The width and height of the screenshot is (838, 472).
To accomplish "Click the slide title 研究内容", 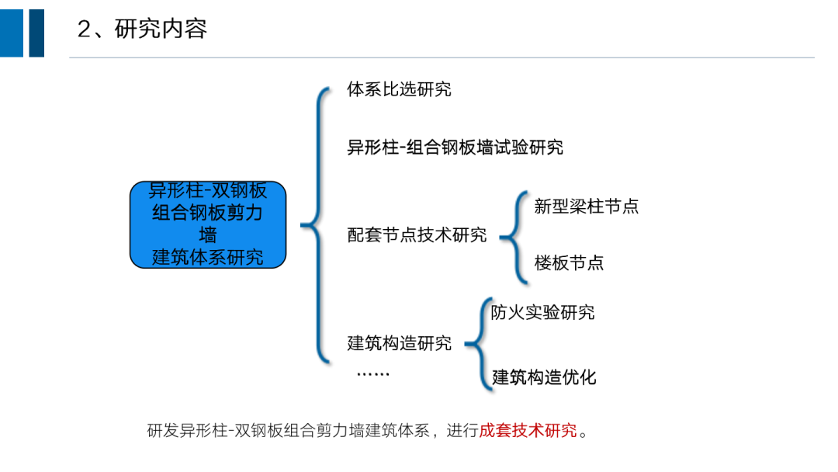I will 161,29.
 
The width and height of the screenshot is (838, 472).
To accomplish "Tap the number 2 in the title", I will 85,29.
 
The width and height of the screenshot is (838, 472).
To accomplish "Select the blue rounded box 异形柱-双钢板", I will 208,224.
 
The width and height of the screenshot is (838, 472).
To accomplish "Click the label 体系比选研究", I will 399,89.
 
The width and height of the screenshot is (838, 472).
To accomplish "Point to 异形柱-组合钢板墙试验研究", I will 455,147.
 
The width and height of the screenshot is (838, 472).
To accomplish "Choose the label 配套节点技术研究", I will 417,234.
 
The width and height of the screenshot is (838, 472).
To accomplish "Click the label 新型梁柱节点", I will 587,206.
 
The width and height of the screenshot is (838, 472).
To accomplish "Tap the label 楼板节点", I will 569,262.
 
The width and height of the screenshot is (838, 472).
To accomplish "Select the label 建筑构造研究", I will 399,342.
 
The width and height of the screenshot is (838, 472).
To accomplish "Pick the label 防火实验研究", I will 543,312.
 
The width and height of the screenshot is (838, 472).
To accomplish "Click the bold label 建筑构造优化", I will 544,377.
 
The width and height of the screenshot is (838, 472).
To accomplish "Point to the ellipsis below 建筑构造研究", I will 372,375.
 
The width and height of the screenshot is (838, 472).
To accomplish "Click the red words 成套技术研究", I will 528,431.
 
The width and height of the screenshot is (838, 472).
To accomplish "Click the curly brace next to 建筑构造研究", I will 476,342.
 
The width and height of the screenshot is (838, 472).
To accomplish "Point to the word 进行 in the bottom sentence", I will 462,431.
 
